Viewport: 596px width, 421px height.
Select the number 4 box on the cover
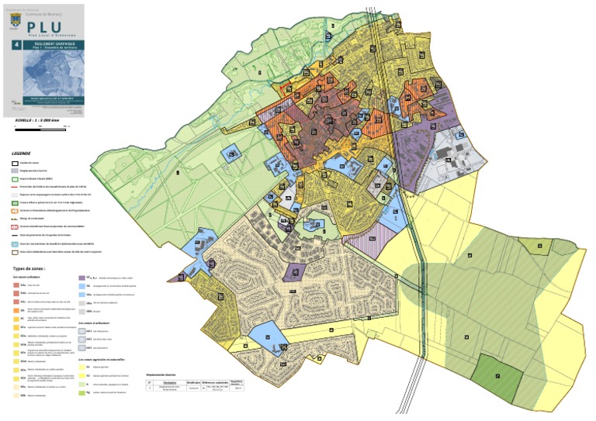point(13,47)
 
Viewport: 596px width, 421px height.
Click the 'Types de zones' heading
point(30,267)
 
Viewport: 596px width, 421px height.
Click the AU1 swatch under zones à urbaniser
point(82,332)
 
